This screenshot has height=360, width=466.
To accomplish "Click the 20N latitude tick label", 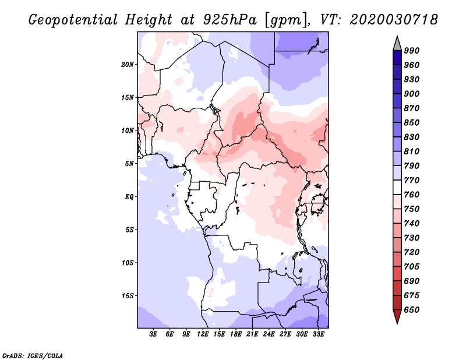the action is (x=128, y=65).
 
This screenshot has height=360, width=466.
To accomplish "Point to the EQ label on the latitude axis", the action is (x=129, y=197).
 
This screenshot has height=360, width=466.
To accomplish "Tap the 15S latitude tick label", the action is (x=128, y=296).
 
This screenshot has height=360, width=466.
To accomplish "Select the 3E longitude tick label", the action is (x=153, y=334).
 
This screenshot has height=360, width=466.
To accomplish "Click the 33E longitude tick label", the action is (x=318, y=334).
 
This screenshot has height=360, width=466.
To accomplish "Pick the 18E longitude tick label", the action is (x=236, y=334).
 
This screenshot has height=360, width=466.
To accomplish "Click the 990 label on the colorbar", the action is (x=412, y=51).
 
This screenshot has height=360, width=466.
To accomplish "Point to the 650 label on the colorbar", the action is (x=412, y=310).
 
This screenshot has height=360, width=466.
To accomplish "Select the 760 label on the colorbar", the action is (x=412, y=195).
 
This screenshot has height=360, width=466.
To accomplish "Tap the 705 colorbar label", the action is (x=412, y=267).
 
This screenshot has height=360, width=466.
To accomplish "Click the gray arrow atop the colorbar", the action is (x=397, y=44).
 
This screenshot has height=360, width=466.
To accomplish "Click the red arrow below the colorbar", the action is (x=397, y=316).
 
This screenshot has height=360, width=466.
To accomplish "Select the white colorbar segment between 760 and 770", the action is (x=397, y=188).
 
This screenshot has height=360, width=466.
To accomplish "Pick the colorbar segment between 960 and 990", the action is (x=397, y=58).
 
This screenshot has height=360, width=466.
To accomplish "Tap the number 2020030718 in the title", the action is (x=394, y=20).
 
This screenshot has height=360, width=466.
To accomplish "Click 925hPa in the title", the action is (x=230, y=20).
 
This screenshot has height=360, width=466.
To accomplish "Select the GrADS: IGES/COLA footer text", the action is (x=32, y=355).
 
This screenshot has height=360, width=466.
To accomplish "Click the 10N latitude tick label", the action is (x=128, y=130).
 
